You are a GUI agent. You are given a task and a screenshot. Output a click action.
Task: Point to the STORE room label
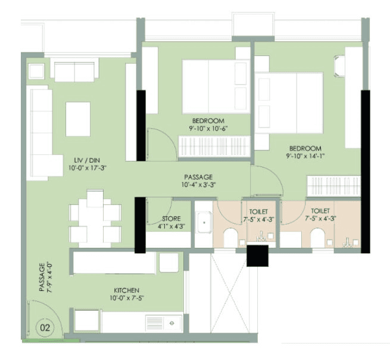[171, 219]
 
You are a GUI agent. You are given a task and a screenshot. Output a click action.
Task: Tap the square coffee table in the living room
[77, 119]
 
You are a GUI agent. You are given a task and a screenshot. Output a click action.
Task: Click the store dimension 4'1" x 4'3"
[171, 226]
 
